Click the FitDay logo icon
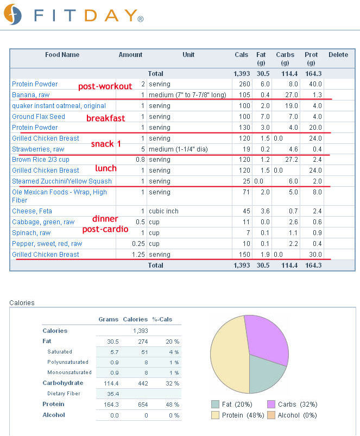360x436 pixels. pos(12,15)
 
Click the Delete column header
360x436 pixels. pos(338,55)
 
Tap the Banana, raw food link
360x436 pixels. pos(30,95)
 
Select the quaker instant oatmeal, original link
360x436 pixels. pos(59,106)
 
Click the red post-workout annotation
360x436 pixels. pos(105,86)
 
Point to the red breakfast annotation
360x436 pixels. pos(106,118)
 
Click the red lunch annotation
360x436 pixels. pos(106,168)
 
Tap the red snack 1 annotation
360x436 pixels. pos(106,144)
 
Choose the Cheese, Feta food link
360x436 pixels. pos(32,211)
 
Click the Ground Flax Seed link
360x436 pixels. pos(39,117)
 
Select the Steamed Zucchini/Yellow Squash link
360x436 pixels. pos(62,181)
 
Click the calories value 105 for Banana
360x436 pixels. pos(244,95)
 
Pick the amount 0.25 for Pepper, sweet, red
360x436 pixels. pos(138,244)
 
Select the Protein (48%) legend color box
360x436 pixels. pos(215,415)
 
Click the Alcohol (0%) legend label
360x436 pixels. pos(297,415)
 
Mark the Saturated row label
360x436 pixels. pos(60,352)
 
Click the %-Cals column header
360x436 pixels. pos(162,319)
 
